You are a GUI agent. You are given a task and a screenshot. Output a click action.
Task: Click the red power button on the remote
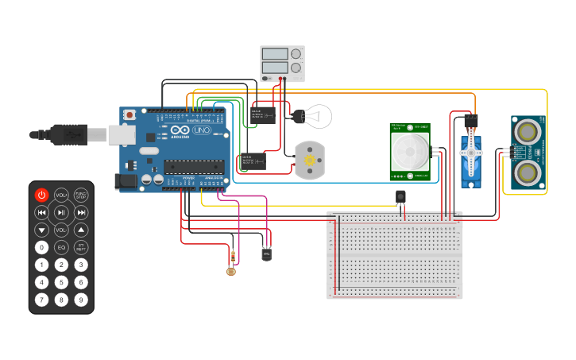pos(41,195)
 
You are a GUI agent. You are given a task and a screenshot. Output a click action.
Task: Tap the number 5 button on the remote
pos(61,282)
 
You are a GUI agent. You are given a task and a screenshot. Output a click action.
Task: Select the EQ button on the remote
pos(61,247)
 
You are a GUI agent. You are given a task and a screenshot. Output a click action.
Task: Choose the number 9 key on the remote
pos(81,300)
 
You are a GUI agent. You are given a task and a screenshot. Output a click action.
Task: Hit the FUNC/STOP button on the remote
pos(81,195)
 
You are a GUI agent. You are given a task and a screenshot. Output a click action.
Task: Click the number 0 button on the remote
pos(41,247)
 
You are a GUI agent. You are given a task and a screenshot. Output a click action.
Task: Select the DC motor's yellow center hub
pos(308,161)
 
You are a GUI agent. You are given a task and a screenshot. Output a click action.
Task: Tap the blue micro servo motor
pos(471,161)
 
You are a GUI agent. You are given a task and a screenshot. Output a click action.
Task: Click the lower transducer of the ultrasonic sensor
pos(528,172)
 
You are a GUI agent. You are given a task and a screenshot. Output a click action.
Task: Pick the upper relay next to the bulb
pos(264,114)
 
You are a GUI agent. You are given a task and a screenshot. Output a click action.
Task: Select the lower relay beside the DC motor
pos(253,161)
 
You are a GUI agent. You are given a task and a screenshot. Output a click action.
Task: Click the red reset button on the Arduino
pos(130,115)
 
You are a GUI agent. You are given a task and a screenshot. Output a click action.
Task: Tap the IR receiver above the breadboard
pos(400,195)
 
